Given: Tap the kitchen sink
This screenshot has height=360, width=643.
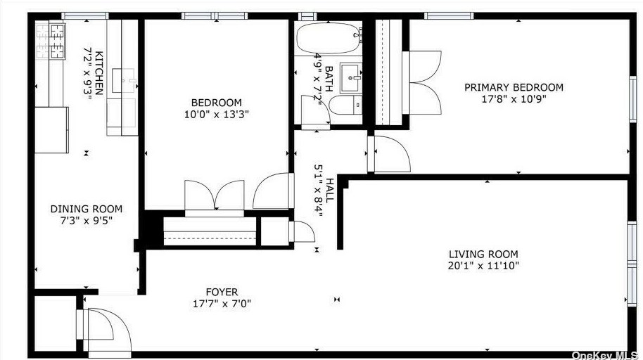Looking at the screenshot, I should pos(127,81).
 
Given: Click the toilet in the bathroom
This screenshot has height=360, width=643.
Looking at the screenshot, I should pos(345,106).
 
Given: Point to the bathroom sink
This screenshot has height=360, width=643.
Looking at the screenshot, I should pos(350,77).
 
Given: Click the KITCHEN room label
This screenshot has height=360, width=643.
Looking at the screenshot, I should pos(100,72).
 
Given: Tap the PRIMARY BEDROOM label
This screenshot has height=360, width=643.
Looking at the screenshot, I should pos(514,87).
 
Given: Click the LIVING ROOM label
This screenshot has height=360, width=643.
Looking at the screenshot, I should pos(483,255).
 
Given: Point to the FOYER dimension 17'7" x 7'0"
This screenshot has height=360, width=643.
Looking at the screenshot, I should pos(222,304).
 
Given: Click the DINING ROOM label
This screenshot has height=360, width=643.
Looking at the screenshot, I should pos(86,209).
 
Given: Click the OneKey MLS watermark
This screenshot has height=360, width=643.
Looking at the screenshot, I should pos(606,354).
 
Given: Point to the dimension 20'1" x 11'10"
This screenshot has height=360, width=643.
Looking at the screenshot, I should pos(483,266).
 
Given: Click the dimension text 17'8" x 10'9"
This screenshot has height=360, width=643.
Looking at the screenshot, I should pos(514,99).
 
